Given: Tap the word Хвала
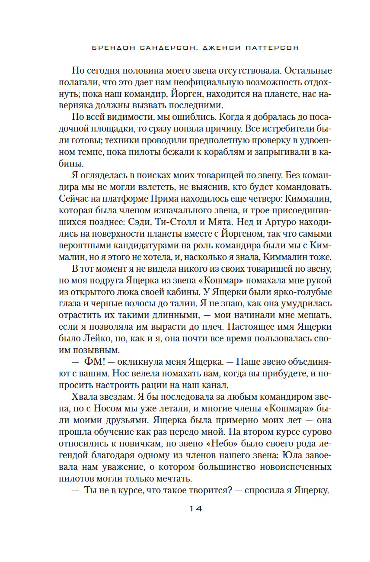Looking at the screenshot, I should coord(83,395).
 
